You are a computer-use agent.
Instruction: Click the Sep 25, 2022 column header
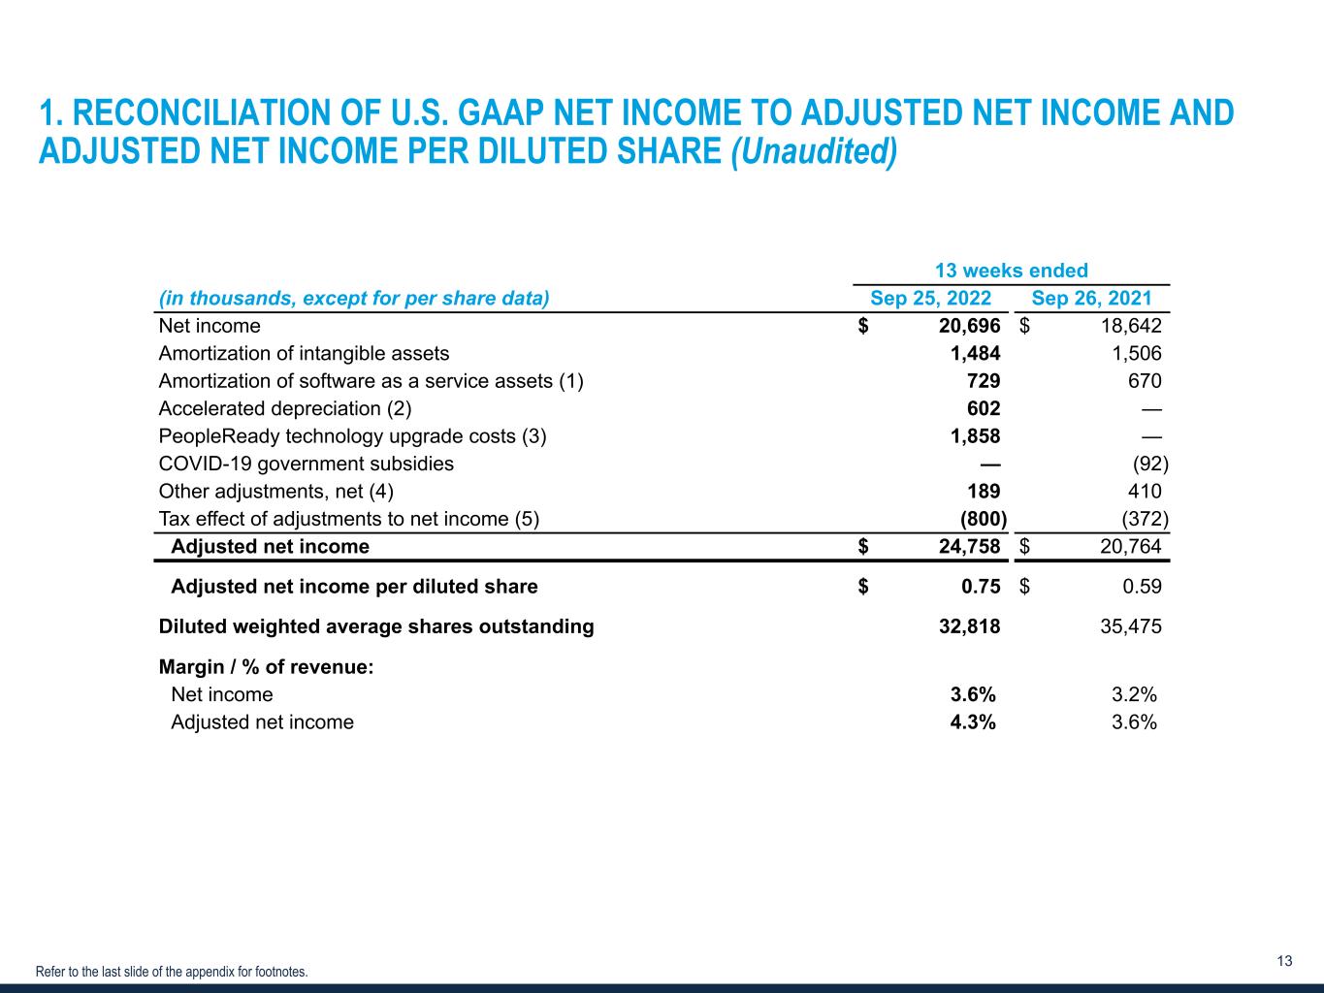[x=930, y=298]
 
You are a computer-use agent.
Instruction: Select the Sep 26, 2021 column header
[x=1091, y=298]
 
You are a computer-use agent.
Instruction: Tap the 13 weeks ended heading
[x=1011, y=271]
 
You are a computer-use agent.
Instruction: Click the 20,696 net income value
[x=969, y=326]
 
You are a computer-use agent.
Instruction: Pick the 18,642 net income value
[x=1131, y=326]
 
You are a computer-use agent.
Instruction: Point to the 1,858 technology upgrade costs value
[x=976, y=436]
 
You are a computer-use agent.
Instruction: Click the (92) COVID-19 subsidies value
[x=1150, y=464]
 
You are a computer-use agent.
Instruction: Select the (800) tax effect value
[x=984, y=519]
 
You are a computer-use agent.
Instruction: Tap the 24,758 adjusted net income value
[x=969, y=546]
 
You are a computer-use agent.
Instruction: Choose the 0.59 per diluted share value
[x=1142, y=586]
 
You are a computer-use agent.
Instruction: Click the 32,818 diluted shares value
[x=969, y=626]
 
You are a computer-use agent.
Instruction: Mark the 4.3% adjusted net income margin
[x=972, y=721]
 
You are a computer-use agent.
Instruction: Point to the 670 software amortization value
[x=1145, y=380]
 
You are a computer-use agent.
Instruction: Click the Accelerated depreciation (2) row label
[x=285, y=409]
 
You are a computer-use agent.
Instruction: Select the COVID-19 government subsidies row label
[x=306, y=464]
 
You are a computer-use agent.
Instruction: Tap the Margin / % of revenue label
[x=266, y=667]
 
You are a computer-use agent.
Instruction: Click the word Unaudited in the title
[x=814, y=150]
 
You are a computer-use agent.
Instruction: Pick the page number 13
[x=1284, y=960]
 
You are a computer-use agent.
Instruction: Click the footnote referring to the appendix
[x=172, y=972]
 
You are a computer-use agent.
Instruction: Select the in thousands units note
[x=354, y=299]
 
